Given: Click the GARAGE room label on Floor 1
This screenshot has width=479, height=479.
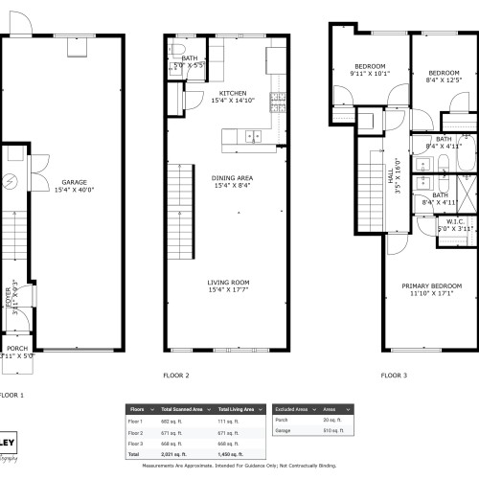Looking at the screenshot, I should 76,186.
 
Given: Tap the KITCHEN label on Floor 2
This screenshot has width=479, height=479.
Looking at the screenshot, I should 226,97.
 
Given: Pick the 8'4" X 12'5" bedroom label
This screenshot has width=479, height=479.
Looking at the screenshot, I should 445,77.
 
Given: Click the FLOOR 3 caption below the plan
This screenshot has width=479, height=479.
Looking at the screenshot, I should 393,376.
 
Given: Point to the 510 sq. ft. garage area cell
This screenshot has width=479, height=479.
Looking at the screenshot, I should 331,430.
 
